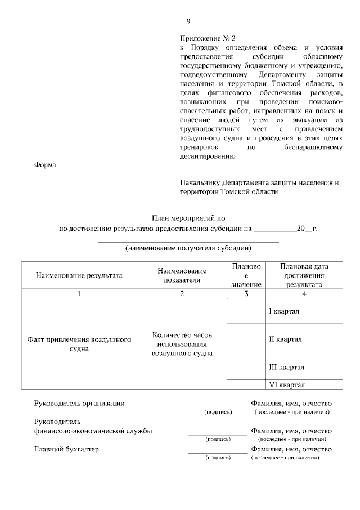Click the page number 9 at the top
tap(188, 22)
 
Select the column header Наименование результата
tap(79, 276)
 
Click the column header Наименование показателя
tap(182, 275)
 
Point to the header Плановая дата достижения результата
tap(304, 275)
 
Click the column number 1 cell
tap(79, 293)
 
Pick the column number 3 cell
tap(245, 293)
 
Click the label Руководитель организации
tap(79, 403)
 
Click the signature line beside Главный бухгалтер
tap(218, 451)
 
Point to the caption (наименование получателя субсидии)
tap(188, 248)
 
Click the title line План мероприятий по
tap(188, 218)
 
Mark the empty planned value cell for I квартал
tap(245, 311)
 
